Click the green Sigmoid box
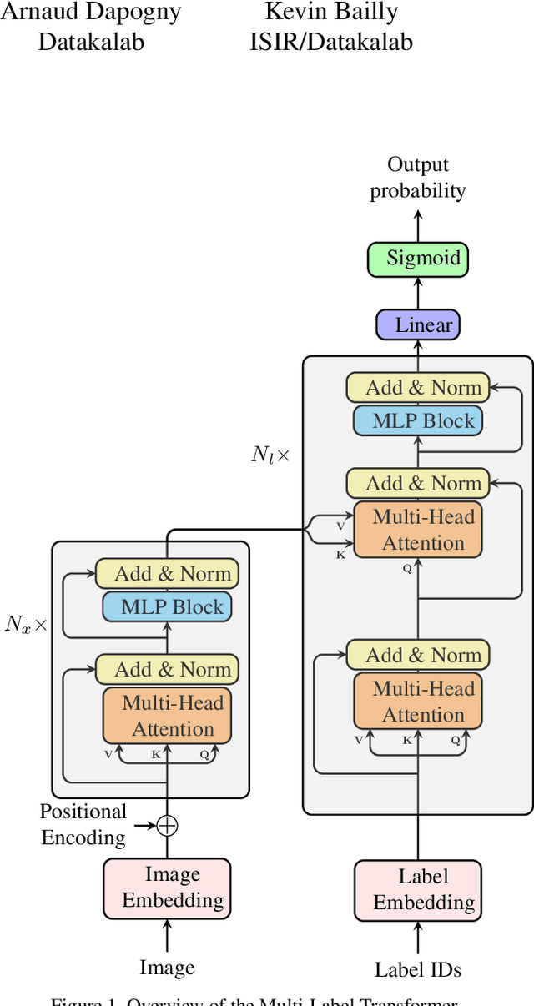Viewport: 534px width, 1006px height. [x=418, y=259]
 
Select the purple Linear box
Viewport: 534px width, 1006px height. [x=418, y=324]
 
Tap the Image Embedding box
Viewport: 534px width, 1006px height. [x=167, y=888]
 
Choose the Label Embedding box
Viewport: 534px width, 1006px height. [x=418, y=890]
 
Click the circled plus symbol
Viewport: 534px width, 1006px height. [x=168, y=826]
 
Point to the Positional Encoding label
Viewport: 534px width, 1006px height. [x=83, y=824]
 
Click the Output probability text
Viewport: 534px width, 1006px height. [x=418, y=177]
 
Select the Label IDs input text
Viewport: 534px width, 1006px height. [x=418, y=969]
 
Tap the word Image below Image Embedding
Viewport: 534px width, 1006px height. [x=167, y=968]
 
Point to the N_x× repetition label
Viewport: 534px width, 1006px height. [x=27, y=624]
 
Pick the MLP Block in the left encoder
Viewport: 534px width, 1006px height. [x=167, y=606]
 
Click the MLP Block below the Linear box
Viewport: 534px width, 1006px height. [x=418, y=420]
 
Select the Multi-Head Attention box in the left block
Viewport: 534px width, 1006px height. [x=167, y=716]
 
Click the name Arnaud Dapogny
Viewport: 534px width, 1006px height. [x=91, y=13]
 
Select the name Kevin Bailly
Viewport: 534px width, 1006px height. [x=331, y=13]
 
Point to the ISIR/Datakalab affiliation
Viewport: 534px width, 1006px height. [x=331, y=42]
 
